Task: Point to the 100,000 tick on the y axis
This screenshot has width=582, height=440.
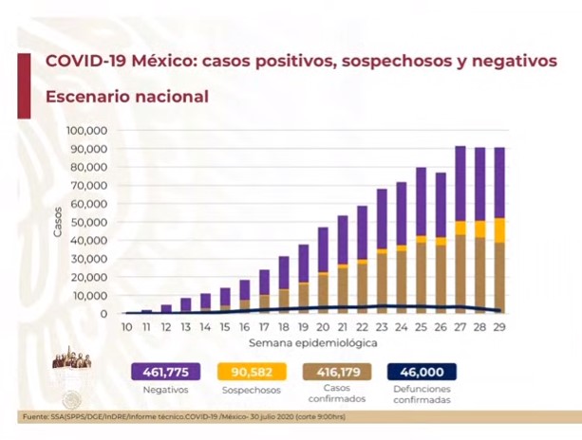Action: pos(87,130)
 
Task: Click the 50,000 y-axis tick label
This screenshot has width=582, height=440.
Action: pos(90,222)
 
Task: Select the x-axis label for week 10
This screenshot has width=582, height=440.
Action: pos(125,327)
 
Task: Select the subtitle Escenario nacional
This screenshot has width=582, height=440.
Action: pos(126,97)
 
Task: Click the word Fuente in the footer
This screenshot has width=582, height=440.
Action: pos(36,418)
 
